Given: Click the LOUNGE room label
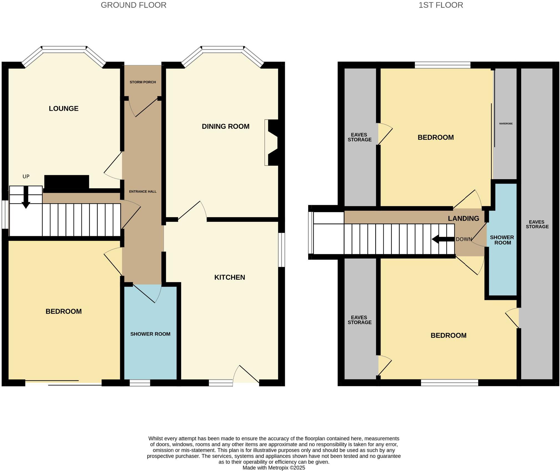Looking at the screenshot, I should coord(64,109).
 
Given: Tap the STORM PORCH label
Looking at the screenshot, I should coord(143,82).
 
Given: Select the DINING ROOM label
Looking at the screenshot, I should coord(225,127).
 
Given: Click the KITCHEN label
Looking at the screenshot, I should coord(229,277).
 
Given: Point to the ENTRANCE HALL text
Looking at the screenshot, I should coord(143,192).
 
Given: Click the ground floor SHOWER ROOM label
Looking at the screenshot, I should coord(150,334).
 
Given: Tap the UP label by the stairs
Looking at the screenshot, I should coord(26,177).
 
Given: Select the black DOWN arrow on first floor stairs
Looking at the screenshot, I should coord(443,239).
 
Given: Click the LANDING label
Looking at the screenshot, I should coord(463,218).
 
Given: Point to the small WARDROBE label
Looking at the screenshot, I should coord(506,124).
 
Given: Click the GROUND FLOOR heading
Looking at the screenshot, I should coord(133,5).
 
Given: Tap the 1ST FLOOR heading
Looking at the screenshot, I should coord(440,5).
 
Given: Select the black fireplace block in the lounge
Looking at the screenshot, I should coord(67,182).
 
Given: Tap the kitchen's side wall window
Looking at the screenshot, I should coord(281,250).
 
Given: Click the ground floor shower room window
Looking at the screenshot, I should coord(140,383).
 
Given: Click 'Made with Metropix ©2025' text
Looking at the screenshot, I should coord(273,468).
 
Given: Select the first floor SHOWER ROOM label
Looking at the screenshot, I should coord(502,240).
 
